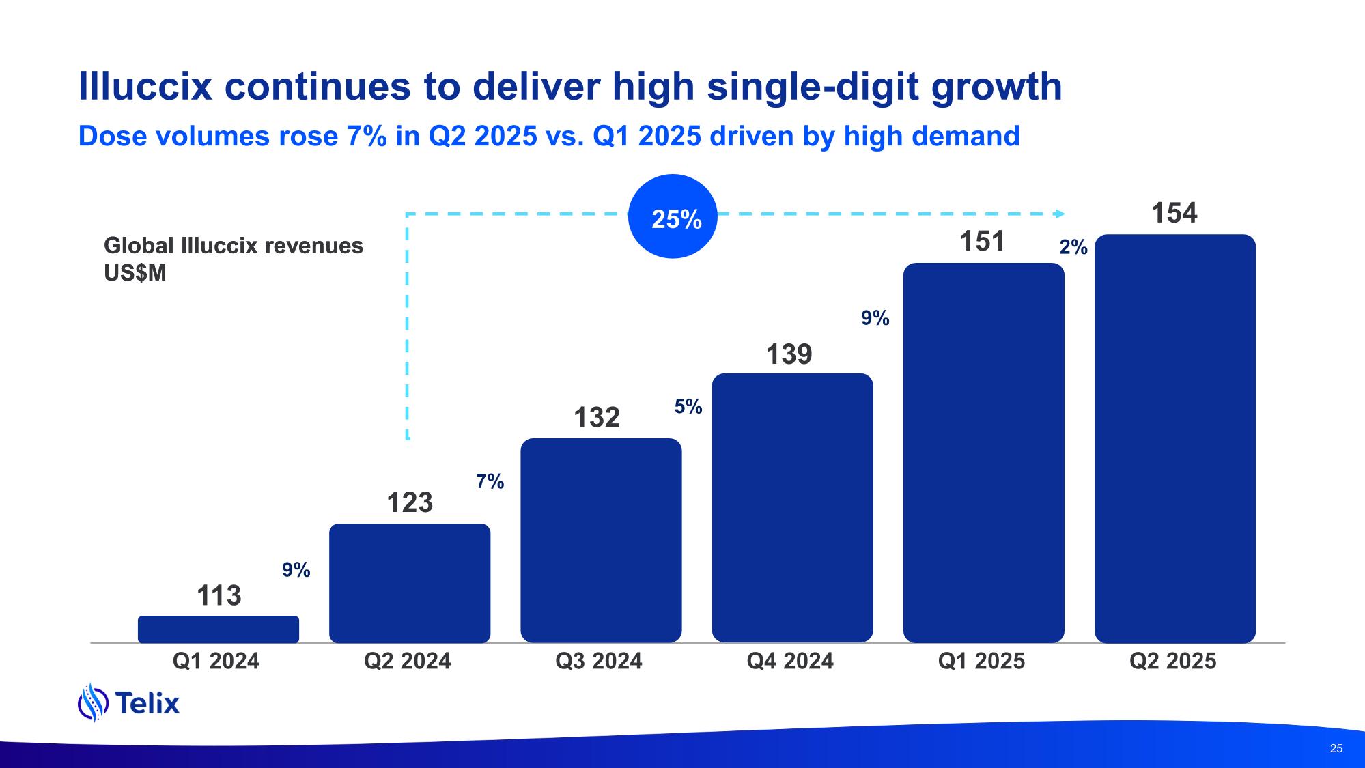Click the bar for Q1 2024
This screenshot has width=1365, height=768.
pos(219,629)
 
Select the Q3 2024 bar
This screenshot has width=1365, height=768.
pos(601,540)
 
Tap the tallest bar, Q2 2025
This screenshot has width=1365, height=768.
pos(1174,438)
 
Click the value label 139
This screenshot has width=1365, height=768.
pos(789,354)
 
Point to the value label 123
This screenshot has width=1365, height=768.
pos(410,502)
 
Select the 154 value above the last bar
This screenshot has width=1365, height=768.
pos(1174,213)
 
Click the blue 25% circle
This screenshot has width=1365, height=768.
pos(673,217)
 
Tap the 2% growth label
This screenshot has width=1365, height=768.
pos(1073,248)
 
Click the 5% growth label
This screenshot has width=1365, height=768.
pos(688,407)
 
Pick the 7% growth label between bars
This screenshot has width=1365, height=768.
pos(490,482)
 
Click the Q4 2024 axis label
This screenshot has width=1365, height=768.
pos(790,661)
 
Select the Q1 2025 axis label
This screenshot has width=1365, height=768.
pos(981,661)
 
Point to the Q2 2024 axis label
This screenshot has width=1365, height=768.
pos(408,661)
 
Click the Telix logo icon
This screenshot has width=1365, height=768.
pos(93,702)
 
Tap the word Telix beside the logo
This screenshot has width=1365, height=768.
pos(147,702)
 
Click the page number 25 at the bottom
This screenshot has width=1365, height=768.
pos(1336,748)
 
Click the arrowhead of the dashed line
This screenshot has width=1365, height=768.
pos(1060,214)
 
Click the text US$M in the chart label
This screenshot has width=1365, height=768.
pos(135,273)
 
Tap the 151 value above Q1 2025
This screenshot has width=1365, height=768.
pos(982,242)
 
